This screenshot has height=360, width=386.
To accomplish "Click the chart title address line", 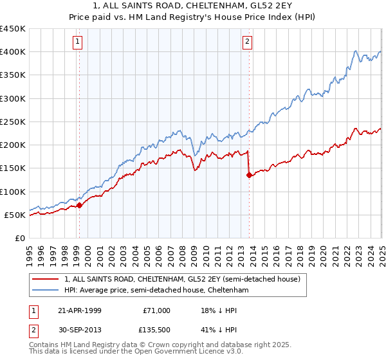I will [x=193, y=6].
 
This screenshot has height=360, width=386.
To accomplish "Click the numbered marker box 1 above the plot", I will [x=77, y=42].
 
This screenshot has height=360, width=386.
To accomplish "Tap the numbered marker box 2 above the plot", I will [x=248, y=42].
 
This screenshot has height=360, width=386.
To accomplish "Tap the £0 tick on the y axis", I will [x=19, y=238].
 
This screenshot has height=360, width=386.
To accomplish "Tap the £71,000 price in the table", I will [x=156, y=310].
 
